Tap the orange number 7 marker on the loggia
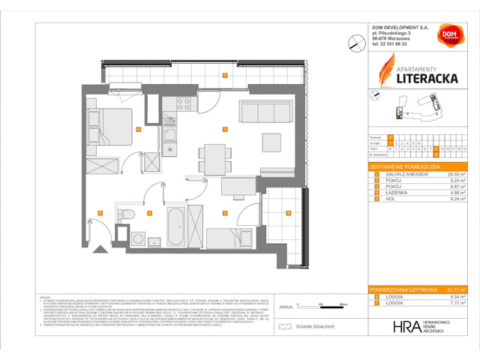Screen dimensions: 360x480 point(224,76)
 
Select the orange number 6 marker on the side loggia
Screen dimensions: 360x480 point(289,213)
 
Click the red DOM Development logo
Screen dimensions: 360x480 point(448,37)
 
